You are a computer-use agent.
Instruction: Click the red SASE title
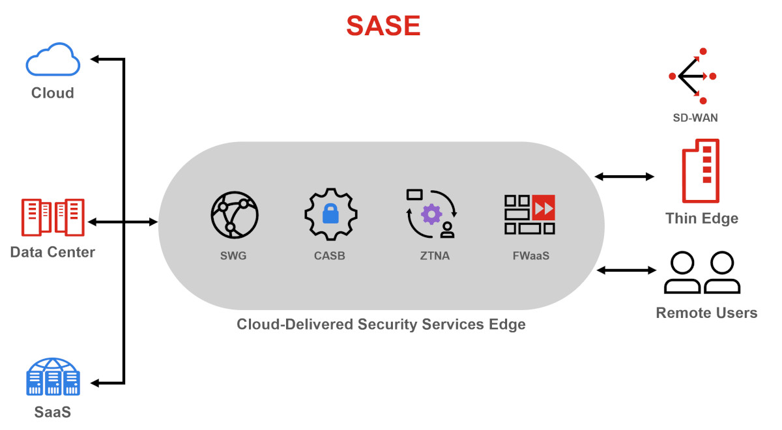tap(383, 26)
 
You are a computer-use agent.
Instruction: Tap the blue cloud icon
tap(53, 60)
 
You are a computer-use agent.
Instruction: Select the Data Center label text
tap(53, 252)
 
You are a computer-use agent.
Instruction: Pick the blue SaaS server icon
tap(53, 377)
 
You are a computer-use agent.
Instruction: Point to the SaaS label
tap(53, 412)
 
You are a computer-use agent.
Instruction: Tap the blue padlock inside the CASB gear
tap(331, 214)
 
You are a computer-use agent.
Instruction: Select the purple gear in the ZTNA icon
tap(431, 214)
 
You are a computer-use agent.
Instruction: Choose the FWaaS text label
tap(531, 256)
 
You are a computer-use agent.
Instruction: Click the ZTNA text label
tap(435, 256)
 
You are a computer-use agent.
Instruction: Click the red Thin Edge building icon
tap(701, 171)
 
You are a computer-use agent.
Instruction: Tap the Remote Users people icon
tap(702, 273)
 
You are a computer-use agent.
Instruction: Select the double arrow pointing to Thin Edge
tap(624, 177)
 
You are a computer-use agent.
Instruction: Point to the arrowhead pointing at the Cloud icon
tap(95, 59)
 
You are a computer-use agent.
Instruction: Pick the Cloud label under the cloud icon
tap(53, 93)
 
